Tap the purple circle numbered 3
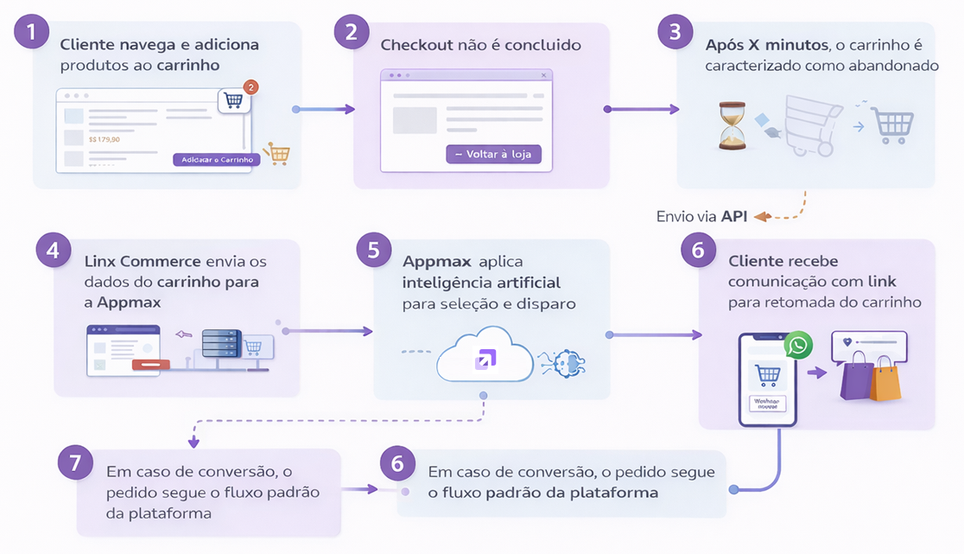point(675,32)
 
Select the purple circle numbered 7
point(76,462)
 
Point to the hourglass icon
point(732,125)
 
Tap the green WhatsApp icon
point(799,347)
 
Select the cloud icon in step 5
point(485,356)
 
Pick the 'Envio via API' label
point(701,216)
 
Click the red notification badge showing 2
point(251,86)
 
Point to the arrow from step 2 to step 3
point(642,110)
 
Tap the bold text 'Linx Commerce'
point(143,261)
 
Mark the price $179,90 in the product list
point(105,138)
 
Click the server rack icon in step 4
point(219,344)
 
